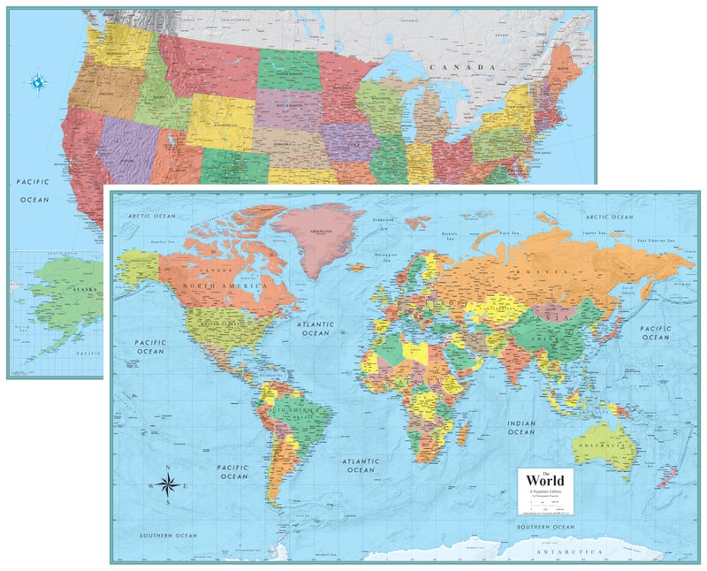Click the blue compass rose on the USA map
(40, 83)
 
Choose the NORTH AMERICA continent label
(224, 285)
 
